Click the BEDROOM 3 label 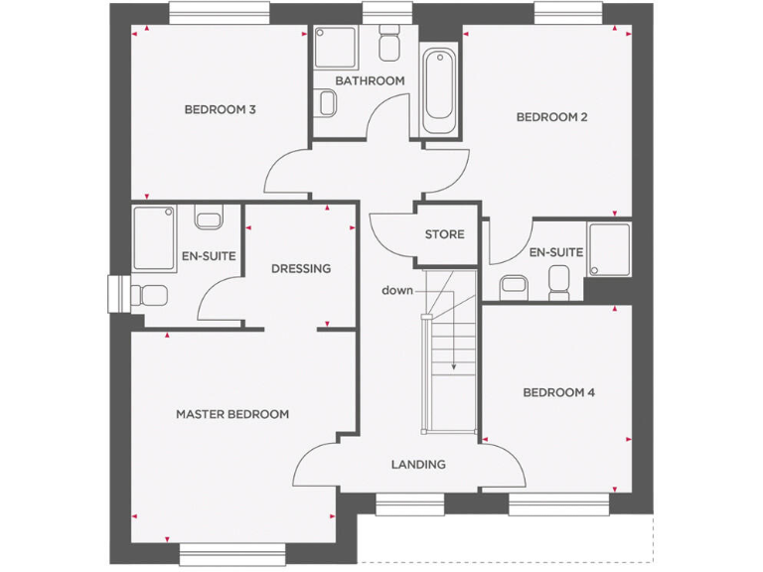tap(221, 109)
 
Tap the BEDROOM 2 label tap(551, 117)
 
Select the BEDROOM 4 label tap(558, 392)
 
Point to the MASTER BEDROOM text tap(232, 414)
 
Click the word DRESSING tap(300, 268)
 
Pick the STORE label tap(444, 234)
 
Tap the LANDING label tap(417, 464)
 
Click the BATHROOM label tap(370, 80)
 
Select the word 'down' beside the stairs tap(397, 290)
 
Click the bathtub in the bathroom tap(441, 91)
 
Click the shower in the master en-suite tap(154, 238)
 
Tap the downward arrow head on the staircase tap(454, 366)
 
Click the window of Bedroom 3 tap(219, 13)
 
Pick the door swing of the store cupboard tap(389, 234)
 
